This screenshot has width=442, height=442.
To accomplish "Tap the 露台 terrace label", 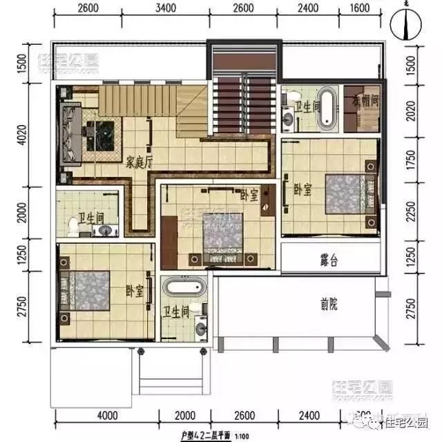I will tap(329, 261).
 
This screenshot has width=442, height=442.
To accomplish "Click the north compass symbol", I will tap(405, 26).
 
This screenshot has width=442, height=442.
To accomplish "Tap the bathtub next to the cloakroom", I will tap(326, 108).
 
